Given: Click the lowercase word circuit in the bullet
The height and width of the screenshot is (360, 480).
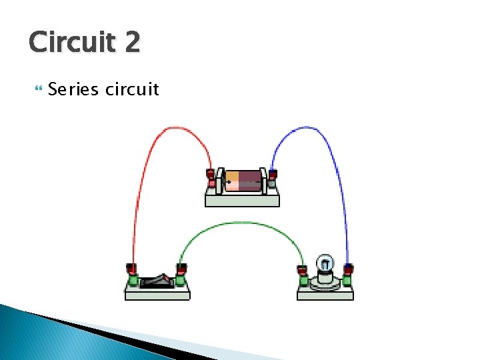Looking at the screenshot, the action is coord(132,89).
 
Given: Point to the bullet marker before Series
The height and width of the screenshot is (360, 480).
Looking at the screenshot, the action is coord(37,89).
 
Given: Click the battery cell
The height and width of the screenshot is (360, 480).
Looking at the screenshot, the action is coord(242,180).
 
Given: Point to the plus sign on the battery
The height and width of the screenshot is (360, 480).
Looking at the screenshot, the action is coord(229,181).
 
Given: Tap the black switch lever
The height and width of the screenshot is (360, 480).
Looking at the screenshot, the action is coord(156,281).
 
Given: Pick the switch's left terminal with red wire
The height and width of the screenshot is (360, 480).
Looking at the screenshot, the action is coord(132,276).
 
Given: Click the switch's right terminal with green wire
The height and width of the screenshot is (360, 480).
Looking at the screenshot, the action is coord(180,276).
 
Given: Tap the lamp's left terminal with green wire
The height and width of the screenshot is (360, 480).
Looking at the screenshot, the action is coord(302,276).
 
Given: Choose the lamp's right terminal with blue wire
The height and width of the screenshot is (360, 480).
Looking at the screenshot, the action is coord(347,276).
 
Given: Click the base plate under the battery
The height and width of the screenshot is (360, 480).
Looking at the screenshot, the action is coord(242,200).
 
